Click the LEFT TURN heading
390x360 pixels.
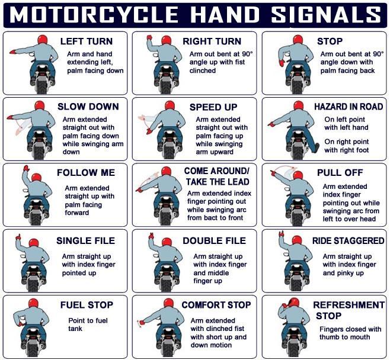[x=87, y=41]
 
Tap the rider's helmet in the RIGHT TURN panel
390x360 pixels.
[x=166, y=40]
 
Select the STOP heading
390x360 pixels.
[x=330, y=41]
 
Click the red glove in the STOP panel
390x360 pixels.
[x=282, y=63]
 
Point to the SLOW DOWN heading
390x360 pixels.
[x=88, y=107]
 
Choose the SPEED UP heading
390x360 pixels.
[x=213, y=107]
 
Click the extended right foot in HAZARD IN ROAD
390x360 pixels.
[x=317, y=147]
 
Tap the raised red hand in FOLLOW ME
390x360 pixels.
[x=26, y=168]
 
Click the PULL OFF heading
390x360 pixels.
[x=340, y=173]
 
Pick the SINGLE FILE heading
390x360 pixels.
[x=85, y=241]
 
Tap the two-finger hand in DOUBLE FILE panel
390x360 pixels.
[x=151, y=236]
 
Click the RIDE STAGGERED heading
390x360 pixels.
[x=349, y=241]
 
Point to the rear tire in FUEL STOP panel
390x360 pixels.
[x=33, y=350]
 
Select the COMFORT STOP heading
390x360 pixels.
[x=216, y=305]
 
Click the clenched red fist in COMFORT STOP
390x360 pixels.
[x=142, y=323]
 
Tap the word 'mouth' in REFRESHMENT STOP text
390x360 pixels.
[x=361, y=337]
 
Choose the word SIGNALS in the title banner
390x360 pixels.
[x=326, y=15]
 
